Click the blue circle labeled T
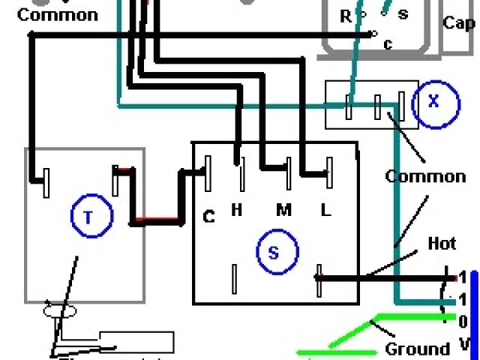coord(88,217)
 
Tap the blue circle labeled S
coord(272,253)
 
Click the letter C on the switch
coord(209,217)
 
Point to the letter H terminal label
coord(236,211)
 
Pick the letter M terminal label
coord(283,211)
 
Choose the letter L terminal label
coord(325,211)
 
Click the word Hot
coord(442,244)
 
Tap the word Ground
coord(417,349)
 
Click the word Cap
coord(458,23)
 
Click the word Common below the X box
coord(425,177)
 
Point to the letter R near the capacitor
coord(346,15)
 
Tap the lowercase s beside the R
coord(403,14)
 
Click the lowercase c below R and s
coord(388,44)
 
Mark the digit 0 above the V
coord(463,322)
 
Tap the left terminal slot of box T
coord(46,183)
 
